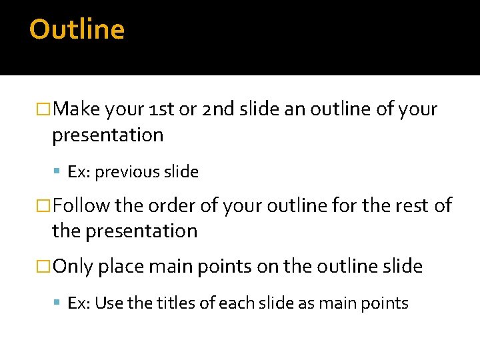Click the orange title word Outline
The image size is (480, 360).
pyautogui.click(x=77, y=30)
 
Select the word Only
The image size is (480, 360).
pyautogui.click(x=73, y=267)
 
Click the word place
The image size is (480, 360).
pyautogui.click(x=121, y=267)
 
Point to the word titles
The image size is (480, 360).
pyautogui.click(x=177, y=303)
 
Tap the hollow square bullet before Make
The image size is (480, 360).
pyautogui.click(x=45, y=110)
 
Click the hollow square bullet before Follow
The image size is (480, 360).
pyautogui.click(x=45, y=206)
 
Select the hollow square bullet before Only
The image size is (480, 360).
pyautogui.click(x=45, y=267)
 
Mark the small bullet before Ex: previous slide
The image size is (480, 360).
pyautogui.click(x=59, y=173)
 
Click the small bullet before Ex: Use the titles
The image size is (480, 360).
pyautogui.click(x=59, y=304)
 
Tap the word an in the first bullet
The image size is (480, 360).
pyautogui.click(x=293, y=109)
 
